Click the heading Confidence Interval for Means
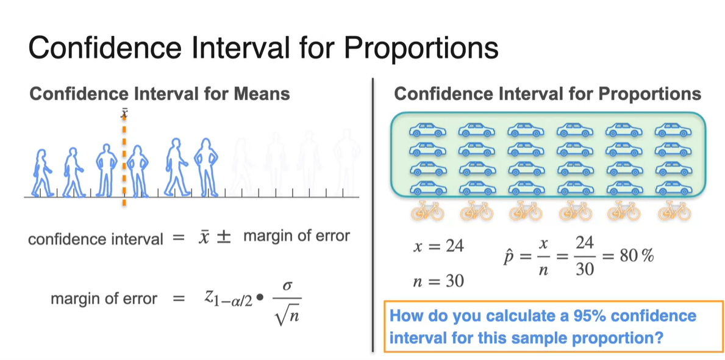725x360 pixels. pos(159,94)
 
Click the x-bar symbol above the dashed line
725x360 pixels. pos(124,113)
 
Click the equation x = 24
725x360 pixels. pos(438,246)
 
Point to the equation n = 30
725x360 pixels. pos(438,281)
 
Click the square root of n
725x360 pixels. pos(287,317)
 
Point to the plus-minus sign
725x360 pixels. pos(225,236)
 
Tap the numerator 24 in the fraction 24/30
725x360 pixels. pos(584,243)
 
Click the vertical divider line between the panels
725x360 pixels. pos(373,214)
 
